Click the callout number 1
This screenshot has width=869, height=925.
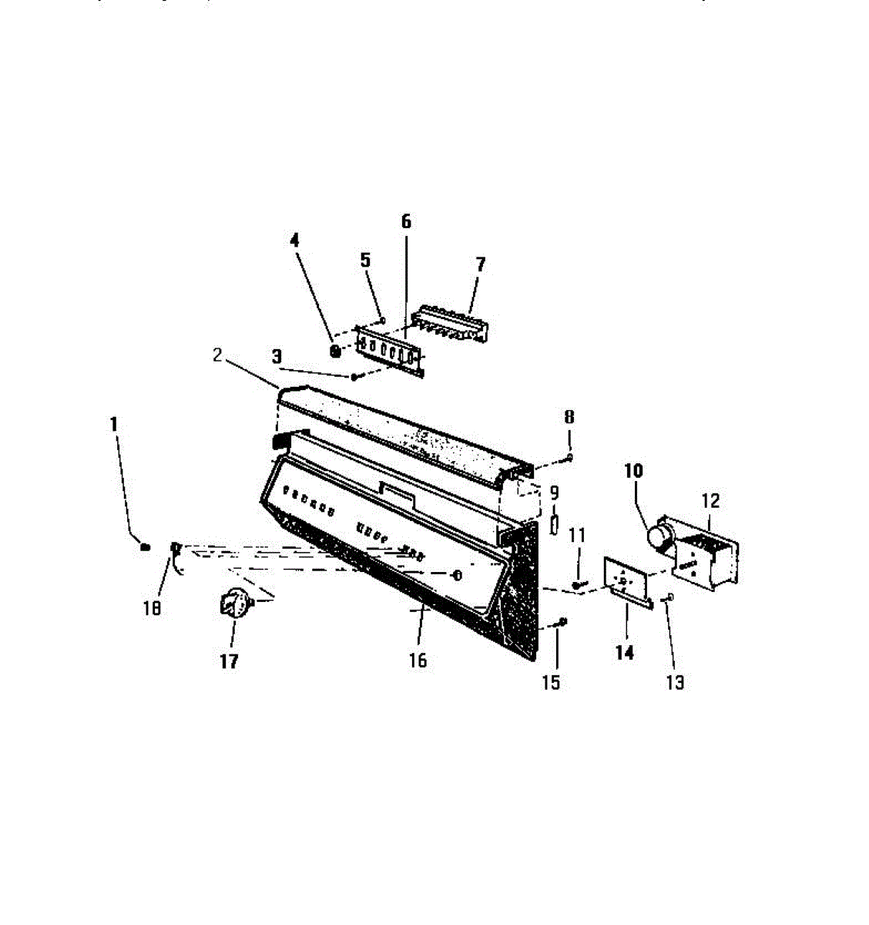coord(114,423)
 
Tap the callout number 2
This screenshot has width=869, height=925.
coord(218,355)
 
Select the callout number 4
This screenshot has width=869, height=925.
coord(294,240)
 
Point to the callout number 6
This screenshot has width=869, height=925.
coord(406,222)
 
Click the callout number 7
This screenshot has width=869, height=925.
coord(481,264)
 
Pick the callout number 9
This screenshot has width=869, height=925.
coord(554,493)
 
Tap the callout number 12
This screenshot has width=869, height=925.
coord(710,501)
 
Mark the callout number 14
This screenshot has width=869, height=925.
coord(625,653)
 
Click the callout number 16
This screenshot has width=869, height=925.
coord(418,661)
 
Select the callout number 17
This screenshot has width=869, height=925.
coord(229,661)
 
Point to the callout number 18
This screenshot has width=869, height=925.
coord(153,608)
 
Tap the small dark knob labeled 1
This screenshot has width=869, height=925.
coord(143,547)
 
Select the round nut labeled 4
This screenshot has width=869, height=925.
coord(335,351)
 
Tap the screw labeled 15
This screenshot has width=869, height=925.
coord(562,622)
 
